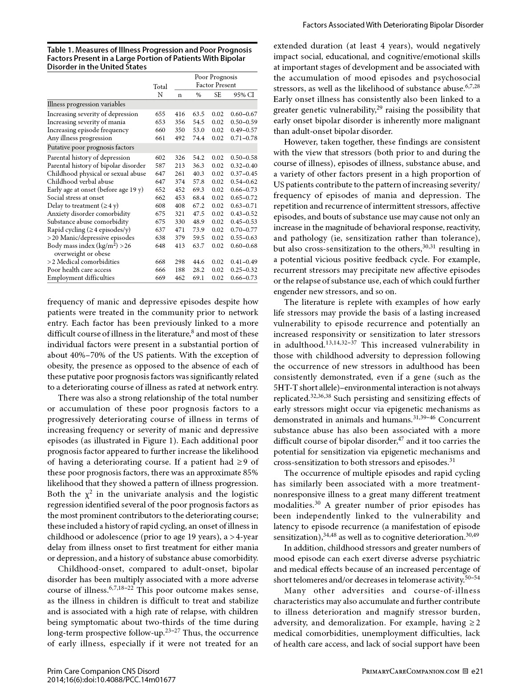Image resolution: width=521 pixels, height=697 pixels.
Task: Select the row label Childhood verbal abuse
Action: tap(80, 182)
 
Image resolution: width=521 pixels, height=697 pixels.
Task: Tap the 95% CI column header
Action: tap(244, 95)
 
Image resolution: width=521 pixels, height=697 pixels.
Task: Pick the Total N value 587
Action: tap(160, 166)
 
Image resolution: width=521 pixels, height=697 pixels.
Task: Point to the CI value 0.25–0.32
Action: tap(244, 270)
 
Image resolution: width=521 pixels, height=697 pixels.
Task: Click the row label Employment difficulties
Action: tap(81, 278)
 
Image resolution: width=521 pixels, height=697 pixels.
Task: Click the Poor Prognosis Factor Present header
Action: tap(216, 81)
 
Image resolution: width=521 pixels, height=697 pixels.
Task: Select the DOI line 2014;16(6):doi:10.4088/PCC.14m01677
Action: tap(111, 680)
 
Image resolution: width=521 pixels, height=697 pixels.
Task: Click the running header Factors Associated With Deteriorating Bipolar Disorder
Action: tap(393, 25)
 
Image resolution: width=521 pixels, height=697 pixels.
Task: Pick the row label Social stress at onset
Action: tap(76, 198)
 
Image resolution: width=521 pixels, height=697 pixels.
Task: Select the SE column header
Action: tap(218, 95)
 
